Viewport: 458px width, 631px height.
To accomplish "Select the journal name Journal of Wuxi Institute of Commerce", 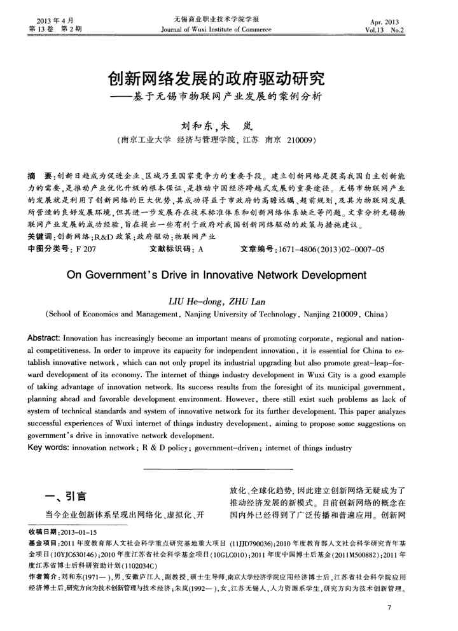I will tap(216, 29).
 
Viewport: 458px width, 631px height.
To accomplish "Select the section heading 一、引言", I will tap(65, 497).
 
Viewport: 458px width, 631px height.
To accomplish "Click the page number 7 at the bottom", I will tap(389, 609).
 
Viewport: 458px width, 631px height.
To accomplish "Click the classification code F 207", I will tap(85, 250).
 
